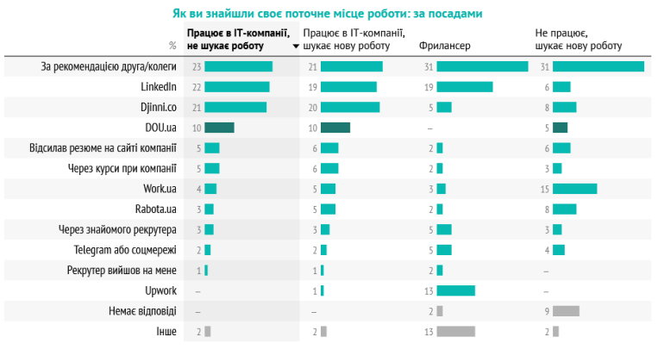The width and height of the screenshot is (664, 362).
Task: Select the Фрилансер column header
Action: (444, 45)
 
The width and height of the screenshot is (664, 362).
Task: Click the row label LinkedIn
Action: (159, 86)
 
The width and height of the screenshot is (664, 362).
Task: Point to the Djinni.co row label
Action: (157, 107)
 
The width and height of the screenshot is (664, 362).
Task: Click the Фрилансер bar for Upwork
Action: (455, 290)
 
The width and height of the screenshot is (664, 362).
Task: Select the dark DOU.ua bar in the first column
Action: (220, 128)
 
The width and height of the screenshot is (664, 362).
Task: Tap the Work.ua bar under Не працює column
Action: (574, 189)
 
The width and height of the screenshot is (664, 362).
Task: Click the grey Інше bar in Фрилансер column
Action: (455, 331)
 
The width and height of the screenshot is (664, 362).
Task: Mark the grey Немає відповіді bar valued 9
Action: (566, 311)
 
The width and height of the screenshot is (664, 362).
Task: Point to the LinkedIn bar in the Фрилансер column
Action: (465, 86)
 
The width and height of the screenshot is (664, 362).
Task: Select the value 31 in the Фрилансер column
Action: (429, 66)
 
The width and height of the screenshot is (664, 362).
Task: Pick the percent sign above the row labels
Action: (172, 46)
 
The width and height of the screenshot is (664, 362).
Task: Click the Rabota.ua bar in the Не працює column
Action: (564, 209)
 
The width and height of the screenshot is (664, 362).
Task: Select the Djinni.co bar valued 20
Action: (350, 107)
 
